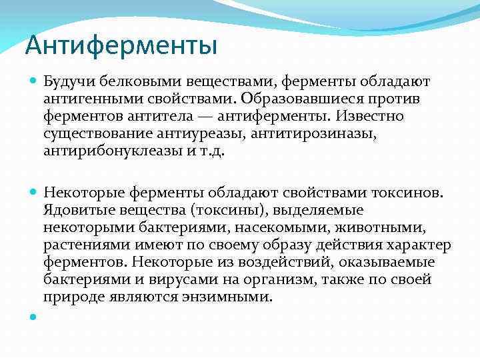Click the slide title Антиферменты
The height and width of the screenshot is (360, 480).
click(121, 46)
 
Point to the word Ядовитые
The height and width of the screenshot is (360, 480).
click(75, 211)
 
